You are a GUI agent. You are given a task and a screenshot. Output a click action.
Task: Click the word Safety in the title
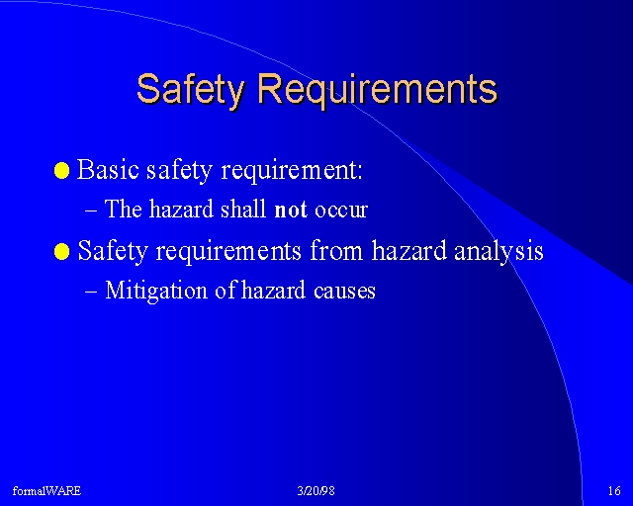pos(191,90)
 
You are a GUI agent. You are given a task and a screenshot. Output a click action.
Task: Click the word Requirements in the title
pos(378,90)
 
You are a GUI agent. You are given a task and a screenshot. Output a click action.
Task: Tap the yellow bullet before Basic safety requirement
pos(61,170)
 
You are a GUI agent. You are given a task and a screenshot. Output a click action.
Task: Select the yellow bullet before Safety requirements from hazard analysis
pos(61,252)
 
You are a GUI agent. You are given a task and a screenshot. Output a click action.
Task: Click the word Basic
pos(108,169)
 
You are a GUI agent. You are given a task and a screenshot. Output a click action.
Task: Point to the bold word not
pos(291,210)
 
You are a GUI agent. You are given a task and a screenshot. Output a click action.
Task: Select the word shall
pos(243,209)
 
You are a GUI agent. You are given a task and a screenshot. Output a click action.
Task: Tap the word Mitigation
pos(156,291)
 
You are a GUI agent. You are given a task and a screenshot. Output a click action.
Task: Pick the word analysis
pos(498,251)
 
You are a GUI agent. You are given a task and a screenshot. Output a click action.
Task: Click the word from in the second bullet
pos(336,251)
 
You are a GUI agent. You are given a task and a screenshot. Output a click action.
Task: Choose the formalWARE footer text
pos(46,491)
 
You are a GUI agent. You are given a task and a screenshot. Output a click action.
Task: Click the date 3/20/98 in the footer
pos(316,491)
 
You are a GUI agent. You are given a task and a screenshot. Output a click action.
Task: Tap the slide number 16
pos(614,491)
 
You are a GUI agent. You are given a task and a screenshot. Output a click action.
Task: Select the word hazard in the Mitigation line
pos(273,291)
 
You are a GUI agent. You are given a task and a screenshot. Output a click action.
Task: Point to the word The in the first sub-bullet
pos(124,209)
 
